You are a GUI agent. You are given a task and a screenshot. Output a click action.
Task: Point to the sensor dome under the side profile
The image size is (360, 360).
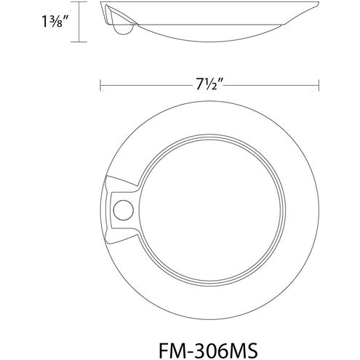(x=124, y=28)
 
